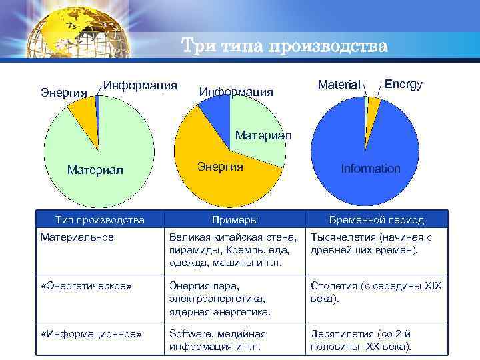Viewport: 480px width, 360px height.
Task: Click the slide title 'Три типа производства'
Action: [284, 47]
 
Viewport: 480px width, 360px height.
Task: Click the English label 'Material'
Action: [339, 85]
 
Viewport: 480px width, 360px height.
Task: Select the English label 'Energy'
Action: [403, 84]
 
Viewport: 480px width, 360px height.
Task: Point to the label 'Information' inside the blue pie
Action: [371, 169]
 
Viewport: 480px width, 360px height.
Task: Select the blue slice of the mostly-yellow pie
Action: [215, 112]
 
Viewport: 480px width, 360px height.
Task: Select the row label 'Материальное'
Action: [77, 237]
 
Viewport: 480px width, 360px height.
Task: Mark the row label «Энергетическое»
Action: [86, 286]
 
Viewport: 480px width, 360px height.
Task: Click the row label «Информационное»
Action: [91, 334]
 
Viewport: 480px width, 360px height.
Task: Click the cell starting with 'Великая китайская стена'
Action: [233, 250]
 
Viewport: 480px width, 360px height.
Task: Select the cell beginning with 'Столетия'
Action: [375, 292]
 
